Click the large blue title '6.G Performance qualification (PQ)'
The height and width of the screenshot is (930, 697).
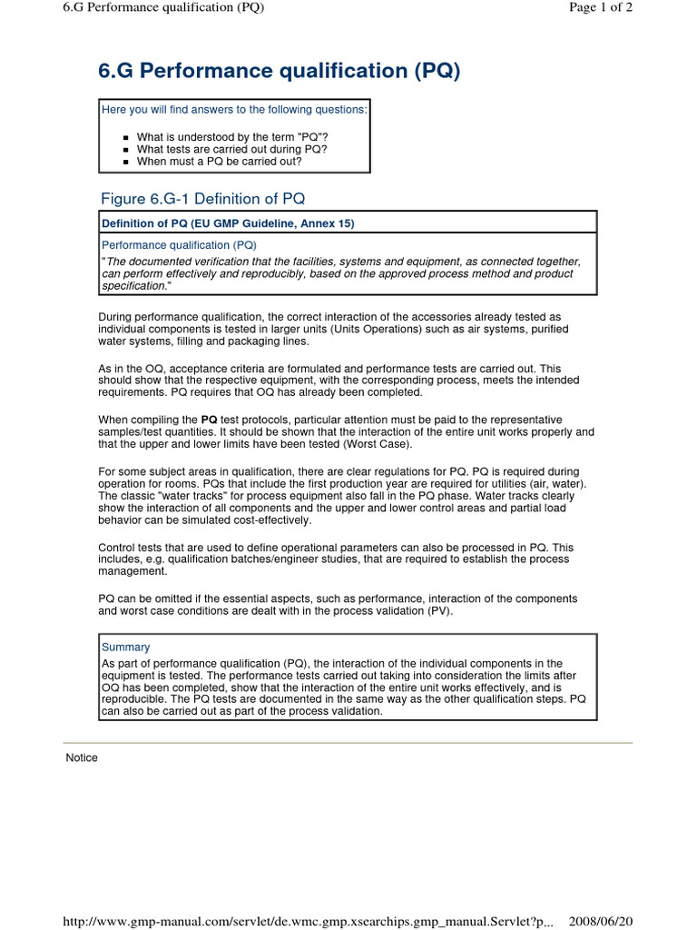pyautogui.click(x=279, y=72)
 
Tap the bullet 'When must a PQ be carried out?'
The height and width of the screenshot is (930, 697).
pyautogui.click(x=219, y=162)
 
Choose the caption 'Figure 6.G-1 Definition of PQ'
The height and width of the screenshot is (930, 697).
pyautogui.click(x=209, y=198)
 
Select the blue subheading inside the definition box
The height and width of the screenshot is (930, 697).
pyautogui.click(x=179, y=245)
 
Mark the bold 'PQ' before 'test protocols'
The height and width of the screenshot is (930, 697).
pyautogui.click(x=208, y=420)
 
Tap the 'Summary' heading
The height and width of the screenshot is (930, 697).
pyautogui.click(x=125, y=648)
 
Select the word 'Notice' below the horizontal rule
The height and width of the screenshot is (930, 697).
pyautogui.click(x=82, y=757)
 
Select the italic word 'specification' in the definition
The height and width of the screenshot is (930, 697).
pyautogui.click(x=133, y=285)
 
